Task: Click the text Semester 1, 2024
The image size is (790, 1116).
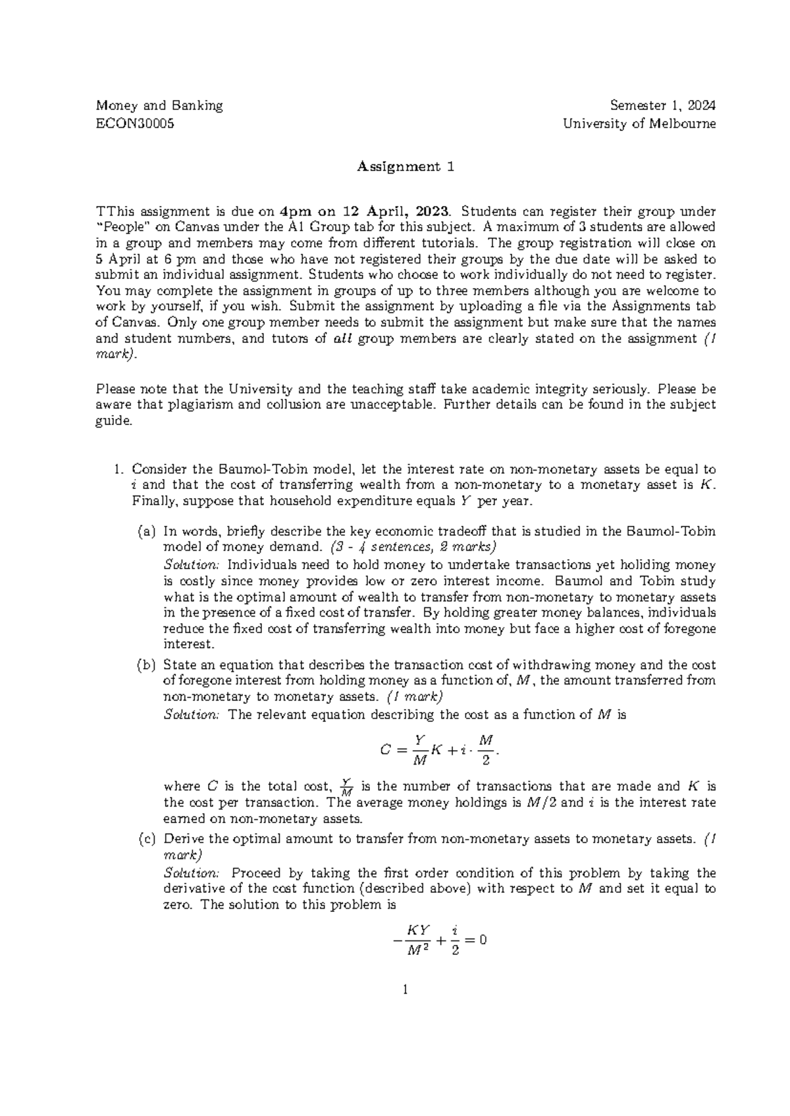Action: tap(663, 105)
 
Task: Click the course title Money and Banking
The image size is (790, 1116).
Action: tap(159, 105)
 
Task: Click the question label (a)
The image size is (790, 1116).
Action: tap(146, 531)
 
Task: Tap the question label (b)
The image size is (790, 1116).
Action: tap(146, 665)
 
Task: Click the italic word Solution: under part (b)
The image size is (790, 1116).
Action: tap(190, 715)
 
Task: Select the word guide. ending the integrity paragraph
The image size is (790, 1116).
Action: tap(114, 420)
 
